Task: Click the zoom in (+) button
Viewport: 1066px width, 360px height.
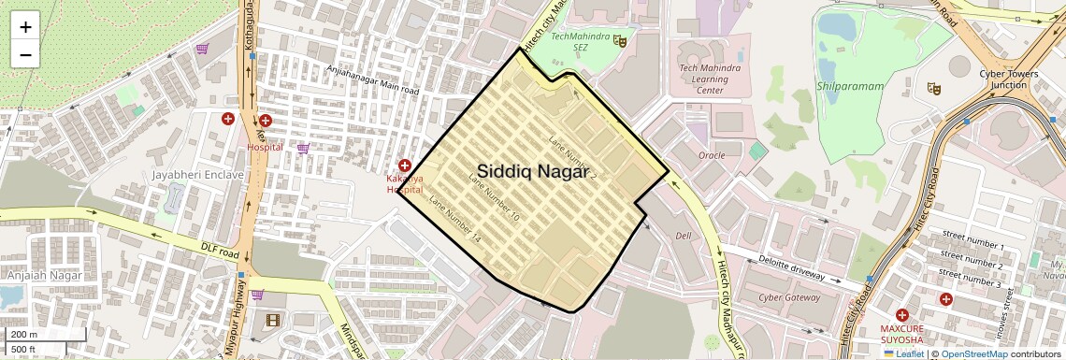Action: (25, 27)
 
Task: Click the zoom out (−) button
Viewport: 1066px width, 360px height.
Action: (25, 54)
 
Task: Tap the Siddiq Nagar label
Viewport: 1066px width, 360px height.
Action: (534, 171)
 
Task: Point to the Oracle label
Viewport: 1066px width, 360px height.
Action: (712, 155)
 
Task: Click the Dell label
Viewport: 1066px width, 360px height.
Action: (683, 235)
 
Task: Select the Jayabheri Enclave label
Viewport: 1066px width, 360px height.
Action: (198, 174)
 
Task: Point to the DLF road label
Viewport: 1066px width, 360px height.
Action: (221, 251)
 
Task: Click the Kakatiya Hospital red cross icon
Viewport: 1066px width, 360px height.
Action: (405, 165)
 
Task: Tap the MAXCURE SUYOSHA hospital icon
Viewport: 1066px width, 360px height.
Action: (901, 315)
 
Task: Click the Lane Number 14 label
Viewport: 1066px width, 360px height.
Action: (454, 220)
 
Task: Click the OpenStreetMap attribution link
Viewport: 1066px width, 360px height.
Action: (974, 353)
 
